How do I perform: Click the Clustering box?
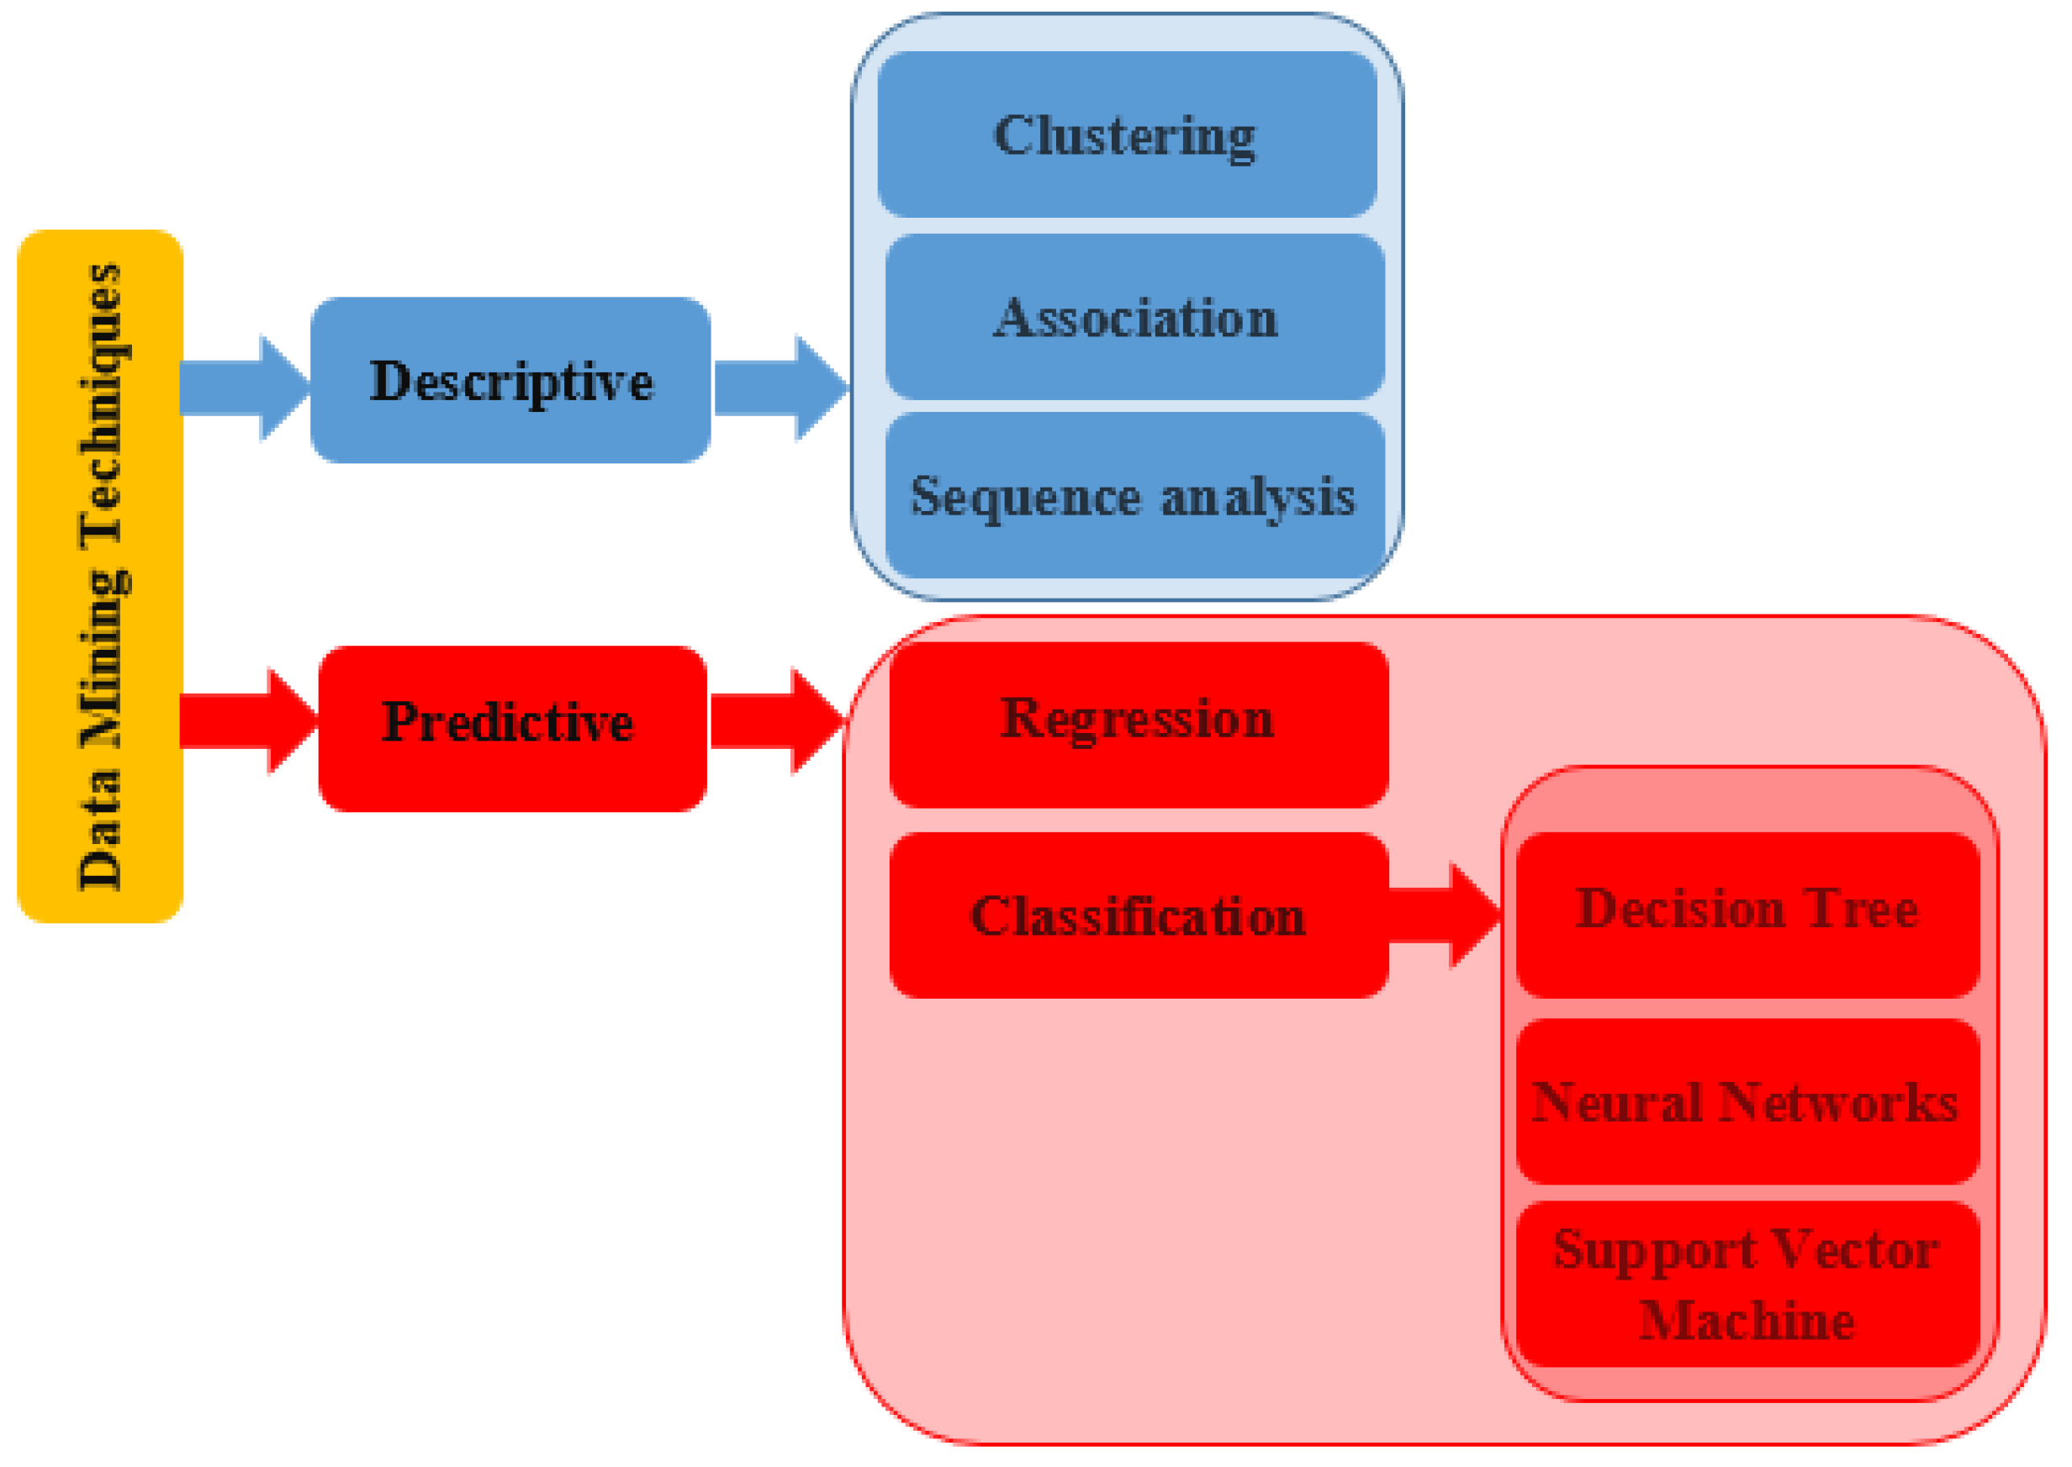click(1126, 134)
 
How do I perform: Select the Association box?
click(1134, 316)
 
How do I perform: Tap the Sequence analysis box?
click(1134, 495)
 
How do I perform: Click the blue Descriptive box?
click(510, 379)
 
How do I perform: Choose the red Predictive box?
click(511, 728)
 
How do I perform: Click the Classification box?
click(1138, 915)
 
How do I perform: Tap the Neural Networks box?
click(1747, 1101)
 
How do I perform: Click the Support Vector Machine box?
click(1747, 1284)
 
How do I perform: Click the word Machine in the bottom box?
click(1747, 1321)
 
